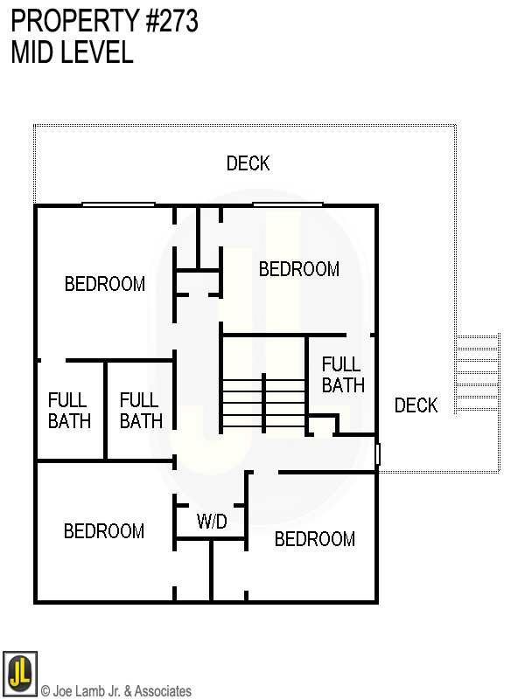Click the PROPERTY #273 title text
(105, 21)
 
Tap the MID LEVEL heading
(73, 52)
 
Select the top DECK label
(248, 163)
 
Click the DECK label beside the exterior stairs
(416, 405)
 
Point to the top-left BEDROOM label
(105, 284)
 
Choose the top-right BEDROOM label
(298, 269)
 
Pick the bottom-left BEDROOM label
(104, 531)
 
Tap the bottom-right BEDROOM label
(315, 539)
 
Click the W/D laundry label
(212, 522)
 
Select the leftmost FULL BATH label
(69, 410)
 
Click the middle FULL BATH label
(140, 410)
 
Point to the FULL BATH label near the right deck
(343, 374)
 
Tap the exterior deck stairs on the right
(478, 372)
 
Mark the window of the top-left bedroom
(118, 205)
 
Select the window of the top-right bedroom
(288, 205)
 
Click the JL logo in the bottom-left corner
(19, 673)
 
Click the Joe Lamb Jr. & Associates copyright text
(115, 691)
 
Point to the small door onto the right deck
(378, 454)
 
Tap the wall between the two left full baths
(105, 410)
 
